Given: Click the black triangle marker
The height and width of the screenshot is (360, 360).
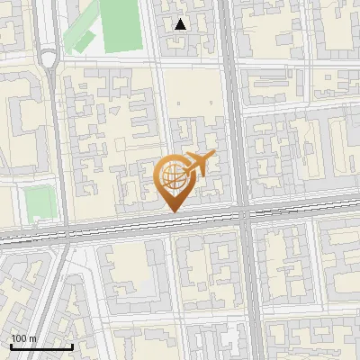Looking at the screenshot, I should coord(181,24).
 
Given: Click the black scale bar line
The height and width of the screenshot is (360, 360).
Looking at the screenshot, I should coord(41,347).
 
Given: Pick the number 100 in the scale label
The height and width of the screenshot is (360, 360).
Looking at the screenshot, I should coord(19,338).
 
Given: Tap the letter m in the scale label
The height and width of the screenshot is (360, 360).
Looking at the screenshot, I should coord(32,338).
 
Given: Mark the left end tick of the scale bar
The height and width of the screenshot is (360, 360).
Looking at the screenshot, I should coord(11,346).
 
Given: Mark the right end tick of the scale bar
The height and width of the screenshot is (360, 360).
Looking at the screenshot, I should coord(72,346).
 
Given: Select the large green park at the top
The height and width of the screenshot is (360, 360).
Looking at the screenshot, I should coord(122,24).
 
